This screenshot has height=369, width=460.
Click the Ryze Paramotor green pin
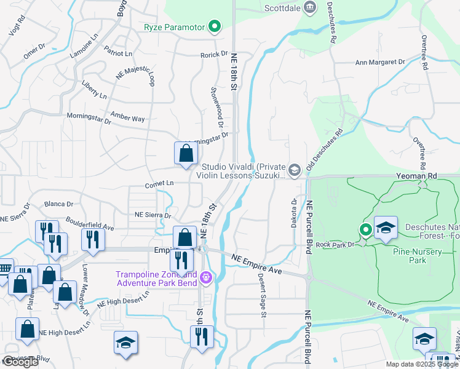point(215,26)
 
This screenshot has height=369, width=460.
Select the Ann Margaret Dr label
point(381,62)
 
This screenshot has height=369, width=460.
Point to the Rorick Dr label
point(214,55)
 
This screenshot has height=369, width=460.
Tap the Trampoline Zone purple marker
point(205,279)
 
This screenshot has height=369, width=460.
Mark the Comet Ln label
point(160,184)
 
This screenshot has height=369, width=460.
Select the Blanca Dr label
point(59,204)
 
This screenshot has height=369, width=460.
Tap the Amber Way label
point(127,117)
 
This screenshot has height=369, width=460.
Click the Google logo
point(20,362)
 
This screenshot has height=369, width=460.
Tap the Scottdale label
point(281,9)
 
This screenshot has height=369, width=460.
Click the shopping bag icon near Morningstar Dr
point(186,154)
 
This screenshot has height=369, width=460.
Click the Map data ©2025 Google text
point(421,364)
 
